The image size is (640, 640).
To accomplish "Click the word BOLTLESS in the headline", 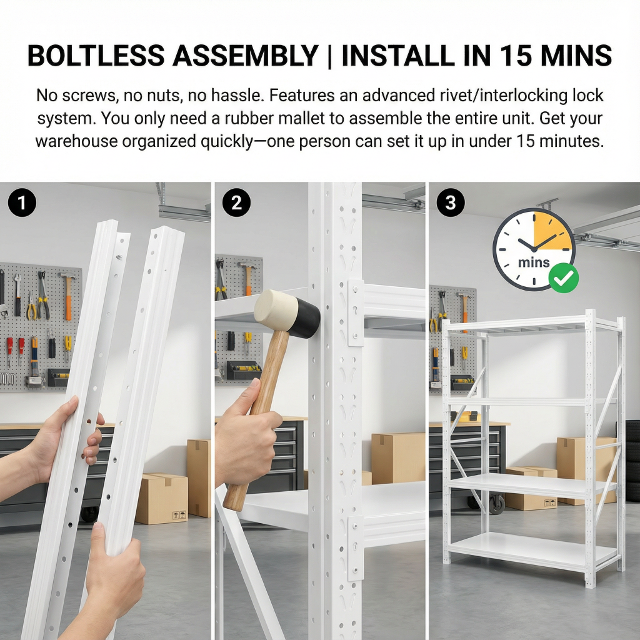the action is [x=96, y=55].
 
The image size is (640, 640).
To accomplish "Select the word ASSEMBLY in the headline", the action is [x=245, y=55].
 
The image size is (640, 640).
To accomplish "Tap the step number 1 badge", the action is [x=22, y=202].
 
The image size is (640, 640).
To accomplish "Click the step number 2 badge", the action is [x=236, y=202].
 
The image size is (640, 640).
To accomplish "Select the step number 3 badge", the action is [x=451, y=202].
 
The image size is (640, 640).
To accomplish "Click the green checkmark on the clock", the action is [x=563, y=278].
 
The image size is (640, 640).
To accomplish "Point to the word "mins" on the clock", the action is [x=534, y=262].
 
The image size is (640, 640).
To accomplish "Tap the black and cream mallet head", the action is [x=286, y=313].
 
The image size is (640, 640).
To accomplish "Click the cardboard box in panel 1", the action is [x=161, y=498].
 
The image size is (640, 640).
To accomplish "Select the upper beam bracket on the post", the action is [x=356, y=313].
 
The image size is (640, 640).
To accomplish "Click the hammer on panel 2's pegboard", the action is [x=247, y=276].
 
